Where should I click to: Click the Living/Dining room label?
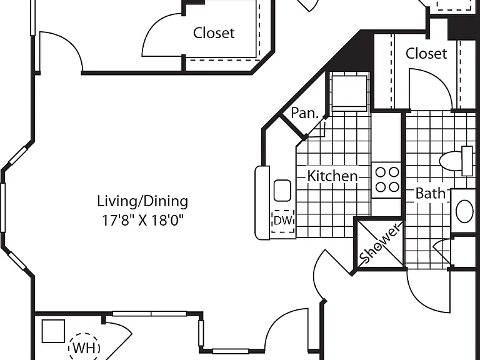tap(142, 202)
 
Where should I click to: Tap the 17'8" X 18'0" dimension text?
tap(142, 220)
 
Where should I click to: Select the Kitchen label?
tap(332, 176)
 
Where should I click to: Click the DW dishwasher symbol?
tap(283, 221)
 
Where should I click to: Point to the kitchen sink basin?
tap(282, 191)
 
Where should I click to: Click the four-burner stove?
tap(387, 180)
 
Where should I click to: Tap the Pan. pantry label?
tap(304, 113)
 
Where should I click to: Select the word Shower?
tap(379, 244)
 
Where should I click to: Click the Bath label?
tap(430, 194)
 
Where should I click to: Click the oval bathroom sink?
tap(464, 211)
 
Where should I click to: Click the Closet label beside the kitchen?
tap(426, 54)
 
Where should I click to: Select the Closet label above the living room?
tap(214, 32)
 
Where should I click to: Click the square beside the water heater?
tap(53, 331)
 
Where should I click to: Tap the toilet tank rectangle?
tap(467, 161)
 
